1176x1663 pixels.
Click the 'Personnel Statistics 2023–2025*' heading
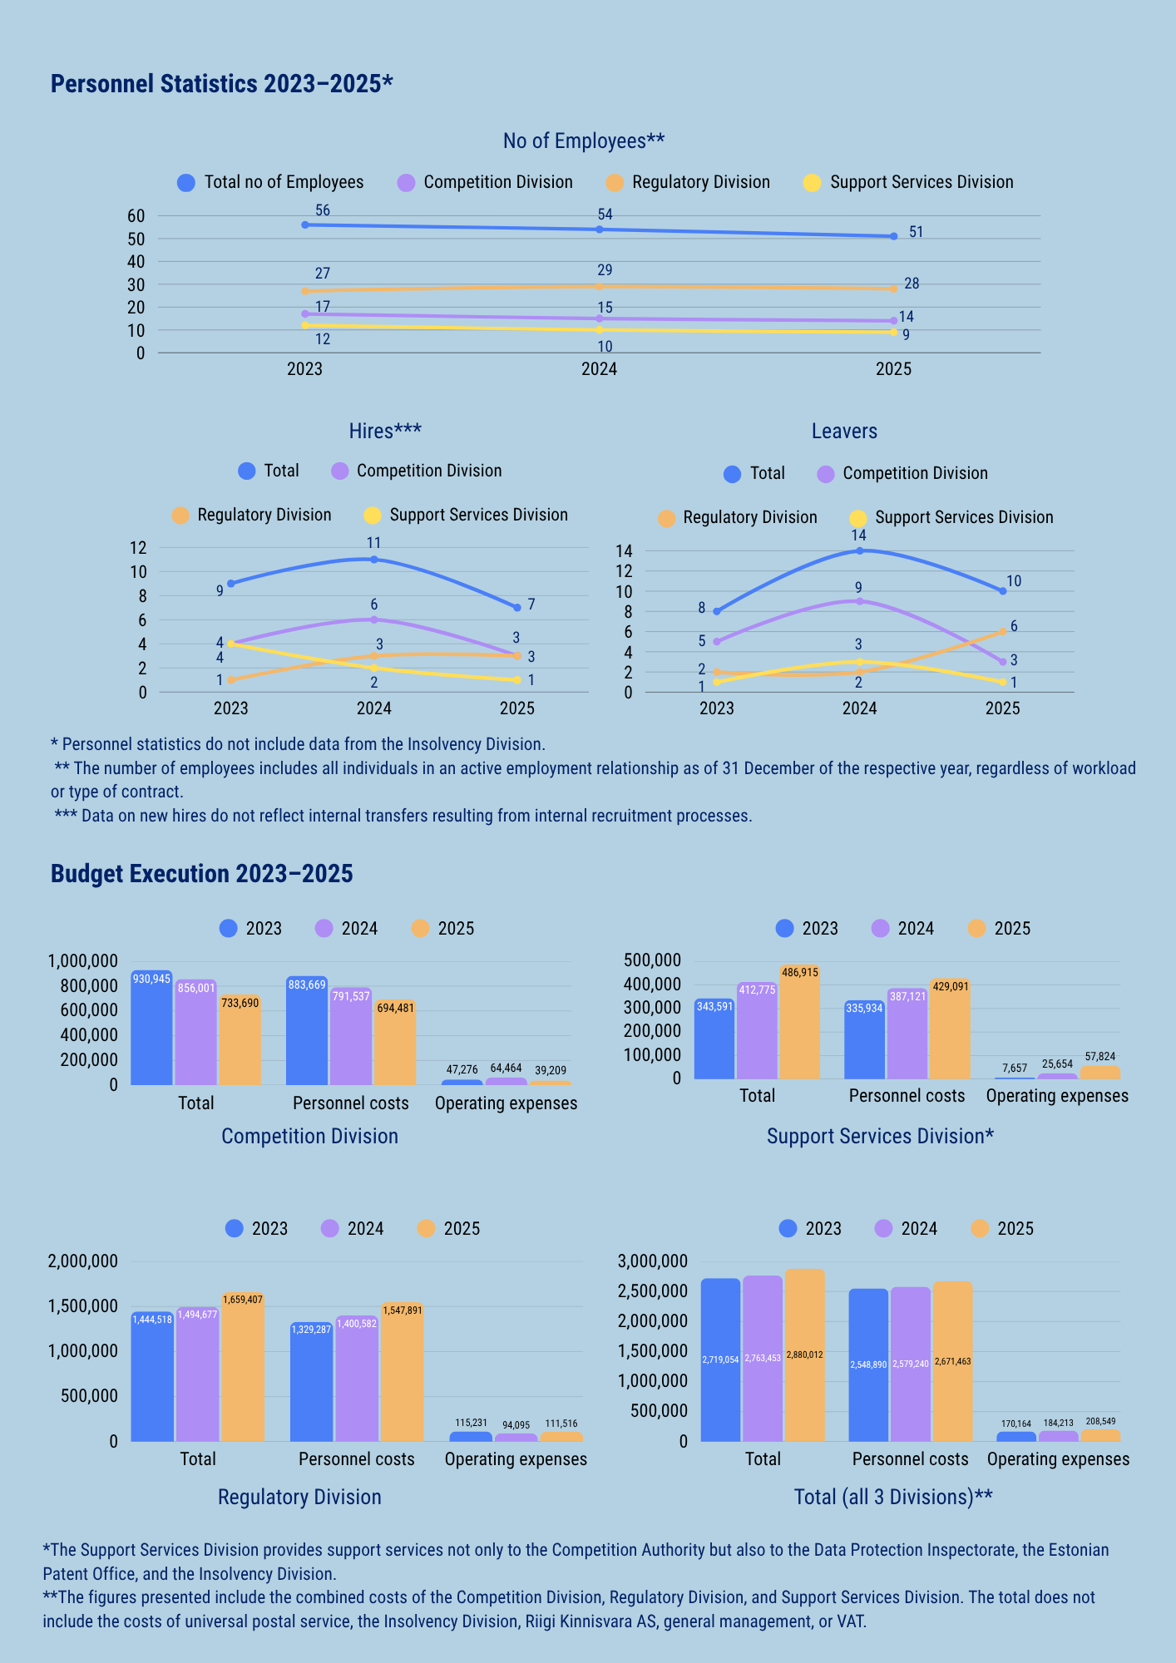[221, 84]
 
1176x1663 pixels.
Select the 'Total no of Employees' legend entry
[271, 182]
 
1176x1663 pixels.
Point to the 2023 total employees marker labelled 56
[305, 225]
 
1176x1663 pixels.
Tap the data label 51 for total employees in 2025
[916, 232]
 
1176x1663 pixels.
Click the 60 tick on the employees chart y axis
[136, 216]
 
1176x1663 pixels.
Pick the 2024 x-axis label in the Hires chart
[374, 708]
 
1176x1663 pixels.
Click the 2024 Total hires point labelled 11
[374, 560]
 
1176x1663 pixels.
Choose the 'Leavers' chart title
[844, 432]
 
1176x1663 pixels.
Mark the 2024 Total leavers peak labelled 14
[859, 550]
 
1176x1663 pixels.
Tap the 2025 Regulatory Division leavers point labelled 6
[1003, 631]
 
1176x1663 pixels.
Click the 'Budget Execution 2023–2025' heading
[202, 874]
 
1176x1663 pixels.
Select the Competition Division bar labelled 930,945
[151, 1028]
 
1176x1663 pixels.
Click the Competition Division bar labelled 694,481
[394, 1042]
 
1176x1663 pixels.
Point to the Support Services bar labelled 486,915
[799, 1022]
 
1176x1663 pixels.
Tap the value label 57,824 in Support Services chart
[1100, 1057]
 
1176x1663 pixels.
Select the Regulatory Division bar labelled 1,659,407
[243, 1367]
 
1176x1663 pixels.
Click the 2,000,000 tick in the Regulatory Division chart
[82, 1261]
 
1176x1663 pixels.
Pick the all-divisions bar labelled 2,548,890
[868, 1365]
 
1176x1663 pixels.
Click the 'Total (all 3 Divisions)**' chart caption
[893, 1498]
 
